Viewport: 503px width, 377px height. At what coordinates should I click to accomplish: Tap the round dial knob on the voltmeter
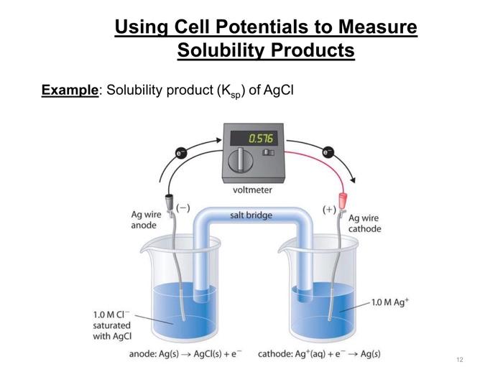click(x=241, y=162)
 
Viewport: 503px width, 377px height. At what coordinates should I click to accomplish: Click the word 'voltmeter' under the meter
click(x=252, y=190)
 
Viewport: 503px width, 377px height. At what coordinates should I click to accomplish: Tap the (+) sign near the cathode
click(x=329, y=210)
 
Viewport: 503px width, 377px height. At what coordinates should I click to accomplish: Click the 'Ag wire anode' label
click(x=146, y=220)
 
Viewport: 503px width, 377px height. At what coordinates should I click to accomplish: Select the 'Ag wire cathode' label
click(x=364, y=223)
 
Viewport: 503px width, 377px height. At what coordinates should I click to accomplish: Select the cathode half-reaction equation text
click(x=319, y=354)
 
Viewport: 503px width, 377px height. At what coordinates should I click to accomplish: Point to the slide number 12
click(x=459, y=359)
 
